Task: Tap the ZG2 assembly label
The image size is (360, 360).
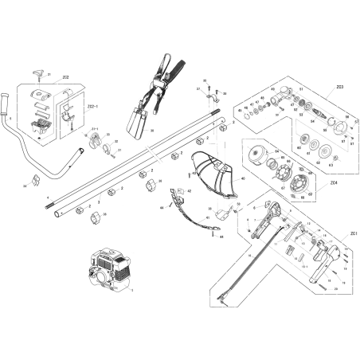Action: pyautogui.click(x=65, y=77)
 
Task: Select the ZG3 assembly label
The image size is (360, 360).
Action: pyautogui.click(x=340, y=85)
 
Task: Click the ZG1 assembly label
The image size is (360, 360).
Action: pyautogui.click(x=342, y=233)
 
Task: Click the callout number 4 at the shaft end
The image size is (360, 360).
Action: pyautogui.click(x=47, y=195)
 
